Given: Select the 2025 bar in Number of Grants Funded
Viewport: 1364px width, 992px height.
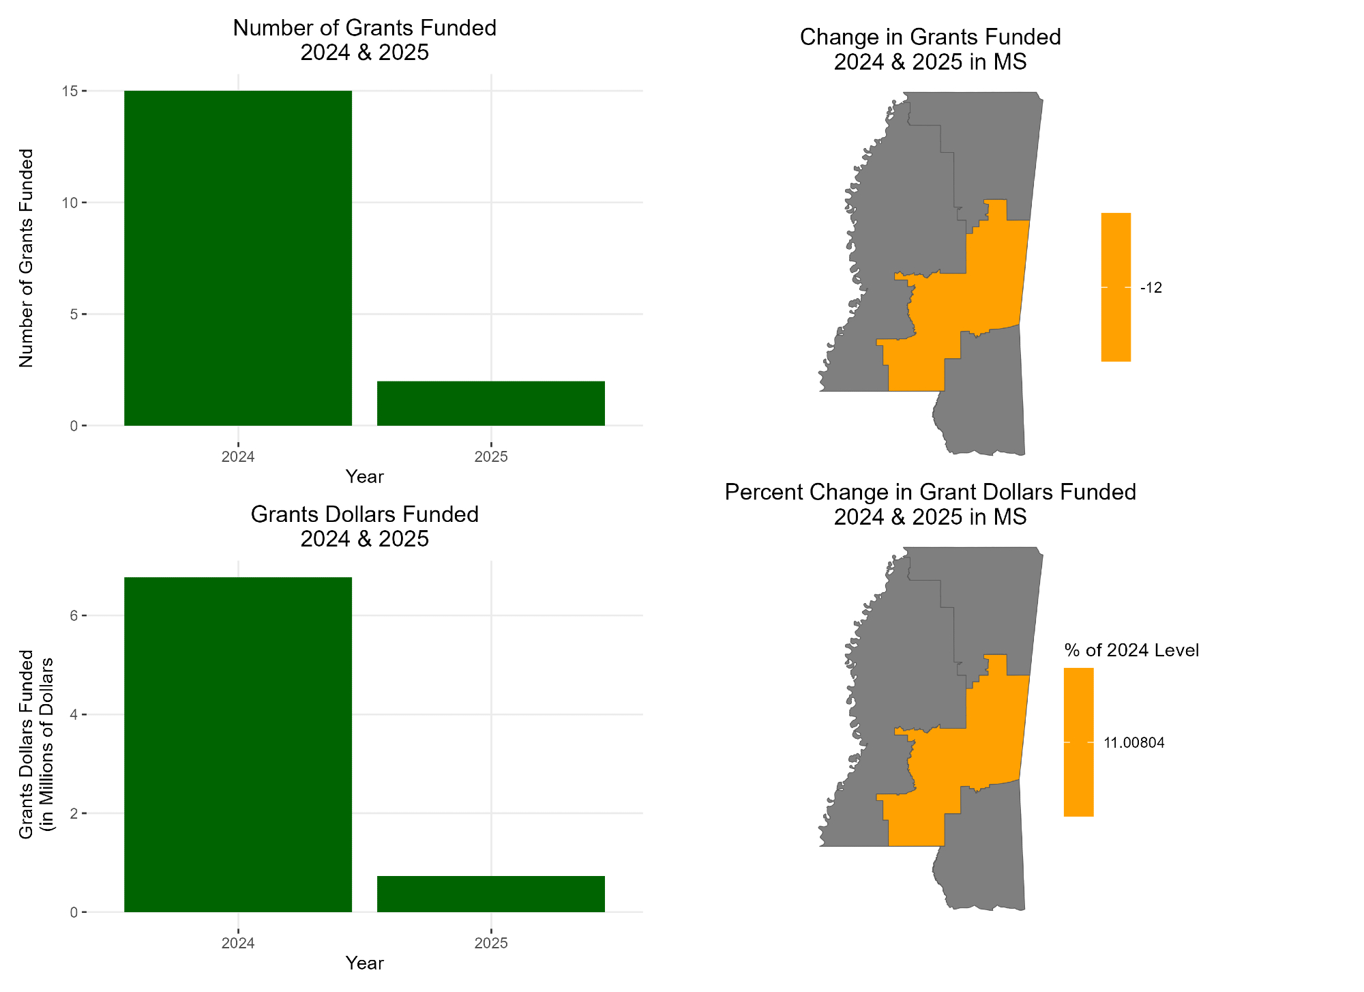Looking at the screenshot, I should point(490,403).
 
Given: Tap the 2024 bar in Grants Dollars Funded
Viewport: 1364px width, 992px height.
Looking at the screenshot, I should point(237,744).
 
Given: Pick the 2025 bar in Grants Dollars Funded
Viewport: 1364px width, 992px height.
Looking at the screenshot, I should point(490,894).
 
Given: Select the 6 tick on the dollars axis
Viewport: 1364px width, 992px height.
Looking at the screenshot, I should point(74,615).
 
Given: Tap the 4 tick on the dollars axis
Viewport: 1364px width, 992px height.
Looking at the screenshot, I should point(74,714).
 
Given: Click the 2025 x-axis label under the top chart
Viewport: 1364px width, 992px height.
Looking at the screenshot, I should point(490,457).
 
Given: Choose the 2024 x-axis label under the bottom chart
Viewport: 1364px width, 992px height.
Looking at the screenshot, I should point(237,944).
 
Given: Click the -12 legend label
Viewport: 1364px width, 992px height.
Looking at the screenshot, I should point(1151,288).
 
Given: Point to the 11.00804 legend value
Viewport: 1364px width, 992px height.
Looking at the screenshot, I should point(1133,743).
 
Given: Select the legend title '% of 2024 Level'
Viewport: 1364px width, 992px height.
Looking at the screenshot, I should point(1131,650).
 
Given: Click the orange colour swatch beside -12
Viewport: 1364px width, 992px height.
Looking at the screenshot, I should point(1116,287).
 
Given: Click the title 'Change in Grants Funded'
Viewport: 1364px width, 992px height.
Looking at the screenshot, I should point(930,37).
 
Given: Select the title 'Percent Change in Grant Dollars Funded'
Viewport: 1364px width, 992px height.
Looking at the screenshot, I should point(930,492).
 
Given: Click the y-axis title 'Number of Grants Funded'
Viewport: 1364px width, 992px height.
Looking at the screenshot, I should point(26,258).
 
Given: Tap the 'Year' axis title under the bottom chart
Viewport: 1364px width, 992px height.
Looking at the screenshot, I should point(364,963).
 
